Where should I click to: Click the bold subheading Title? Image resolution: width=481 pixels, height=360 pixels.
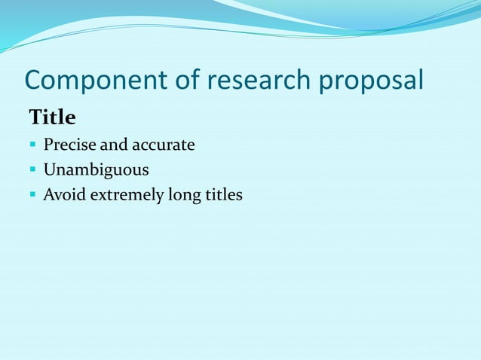point(52,118)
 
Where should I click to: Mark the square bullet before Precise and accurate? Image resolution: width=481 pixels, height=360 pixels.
point(33,145)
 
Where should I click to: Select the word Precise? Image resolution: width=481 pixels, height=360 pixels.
point(66,145)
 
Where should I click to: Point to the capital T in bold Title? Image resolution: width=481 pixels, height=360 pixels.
point(35,118)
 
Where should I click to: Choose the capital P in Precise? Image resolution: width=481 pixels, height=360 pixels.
point(47,145)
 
